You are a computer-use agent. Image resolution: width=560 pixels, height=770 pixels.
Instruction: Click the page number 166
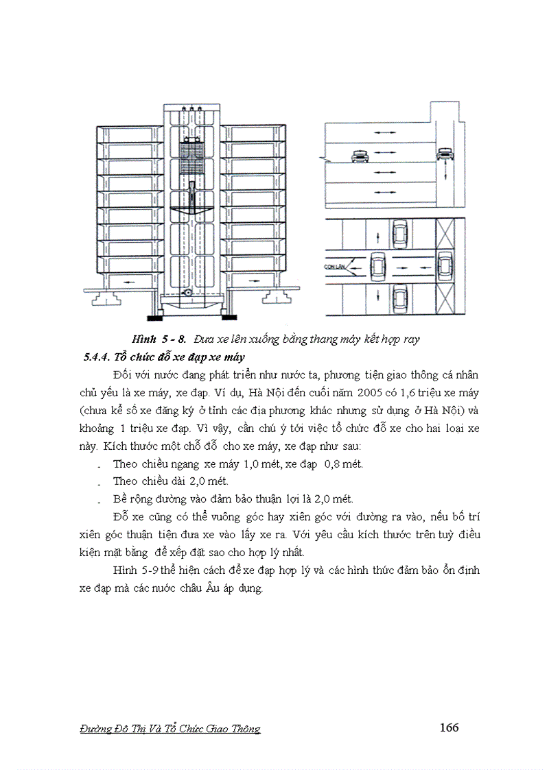pyautogui.click(x=449, y=727)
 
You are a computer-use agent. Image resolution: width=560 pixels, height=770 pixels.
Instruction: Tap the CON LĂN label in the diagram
pyautogui.click(x=334, y=262)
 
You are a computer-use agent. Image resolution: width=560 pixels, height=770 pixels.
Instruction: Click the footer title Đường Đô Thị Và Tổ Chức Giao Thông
pyautogui.click(x=170, y=729)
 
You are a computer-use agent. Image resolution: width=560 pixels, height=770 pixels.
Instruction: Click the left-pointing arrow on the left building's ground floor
pyautogui.click(x=126, y=281)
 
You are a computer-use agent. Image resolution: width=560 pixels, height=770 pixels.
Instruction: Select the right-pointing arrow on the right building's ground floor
pyautogui.click(x=257, y=281)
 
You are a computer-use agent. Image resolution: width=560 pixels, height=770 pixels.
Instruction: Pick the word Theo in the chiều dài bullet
pyautogui.click(x=126, y=481)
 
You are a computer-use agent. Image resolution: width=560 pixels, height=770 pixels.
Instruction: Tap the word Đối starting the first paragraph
pyautogui.click(x=121, y=376)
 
